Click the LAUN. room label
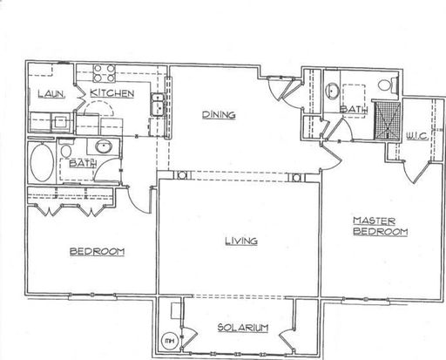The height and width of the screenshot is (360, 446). (51, 93)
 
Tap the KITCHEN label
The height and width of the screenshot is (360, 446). (111, 93)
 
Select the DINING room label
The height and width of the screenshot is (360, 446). (219, 114)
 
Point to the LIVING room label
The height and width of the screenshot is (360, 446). (241, 241)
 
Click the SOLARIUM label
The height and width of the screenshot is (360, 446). (243, 328)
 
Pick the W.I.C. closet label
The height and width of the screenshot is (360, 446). (416, 136)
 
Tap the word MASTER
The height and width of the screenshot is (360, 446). (374, 221)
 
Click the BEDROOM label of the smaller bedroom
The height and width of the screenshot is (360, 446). (97, 251)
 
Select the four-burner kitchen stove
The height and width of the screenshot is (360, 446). (105, 73)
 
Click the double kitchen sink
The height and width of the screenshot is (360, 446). (158, 105)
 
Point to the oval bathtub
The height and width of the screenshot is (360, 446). (42, 163)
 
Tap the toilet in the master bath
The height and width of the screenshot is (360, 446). (388, 85)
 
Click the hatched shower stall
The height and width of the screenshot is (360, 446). (388, 120)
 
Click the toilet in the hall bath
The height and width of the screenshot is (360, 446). (66, 149)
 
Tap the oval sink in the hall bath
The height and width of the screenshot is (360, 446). (104, 146)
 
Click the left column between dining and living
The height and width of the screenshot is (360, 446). (182, 175)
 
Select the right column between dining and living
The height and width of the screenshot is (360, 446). (296, 177)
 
